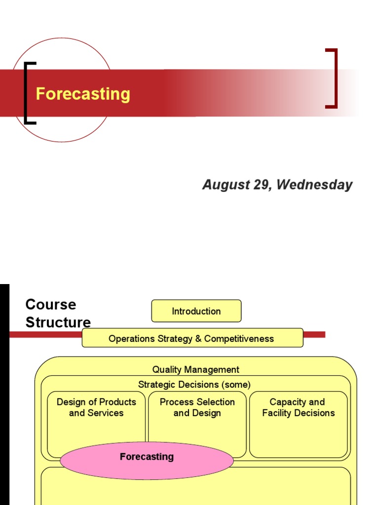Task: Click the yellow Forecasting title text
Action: [83, 94]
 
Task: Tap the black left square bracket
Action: [26, 93]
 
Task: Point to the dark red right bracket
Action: [335, 78]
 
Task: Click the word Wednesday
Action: [314, 185]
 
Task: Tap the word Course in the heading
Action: [50, 304]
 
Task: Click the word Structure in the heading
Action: [58, 323]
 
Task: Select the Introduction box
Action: [196, 311]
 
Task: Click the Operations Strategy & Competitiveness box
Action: [192, 338]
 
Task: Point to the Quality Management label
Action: [195, 369]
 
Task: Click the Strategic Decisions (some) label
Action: [194, 384]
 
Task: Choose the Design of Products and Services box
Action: [96, 424]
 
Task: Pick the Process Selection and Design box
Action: [197, 424]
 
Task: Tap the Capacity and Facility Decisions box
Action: [298, 424]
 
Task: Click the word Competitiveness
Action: [239, 339]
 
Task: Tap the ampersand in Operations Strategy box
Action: [198, 339]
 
